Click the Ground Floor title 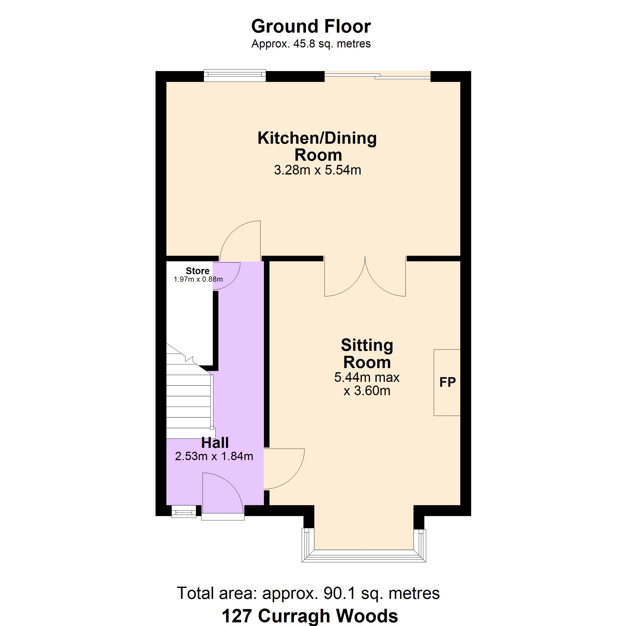pyautogui.click(x=311, y=26)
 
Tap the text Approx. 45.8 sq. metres pyautogui.click(x=311, y=44)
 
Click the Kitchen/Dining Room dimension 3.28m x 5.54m pyautogui.click(x=317, y=170)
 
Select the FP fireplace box pyautogui.click(x=447, y=382)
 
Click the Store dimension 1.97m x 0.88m pyautogui.click(x=198, y=279)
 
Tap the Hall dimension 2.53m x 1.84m pyautogui.click(x=214, y=456)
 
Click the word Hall pyautogui.click(x=215, y=443)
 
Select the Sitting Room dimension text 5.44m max pyautogui.click(x=367, y=377)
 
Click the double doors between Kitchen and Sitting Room pyautogui.click(x=365, y=277)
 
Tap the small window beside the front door pyautogui.click(x=183, y=512)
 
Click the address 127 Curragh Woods pyautogui.click(x=310, y=616)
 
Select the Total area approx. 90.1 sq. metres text pyautogui.click(x=308, y=593)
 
